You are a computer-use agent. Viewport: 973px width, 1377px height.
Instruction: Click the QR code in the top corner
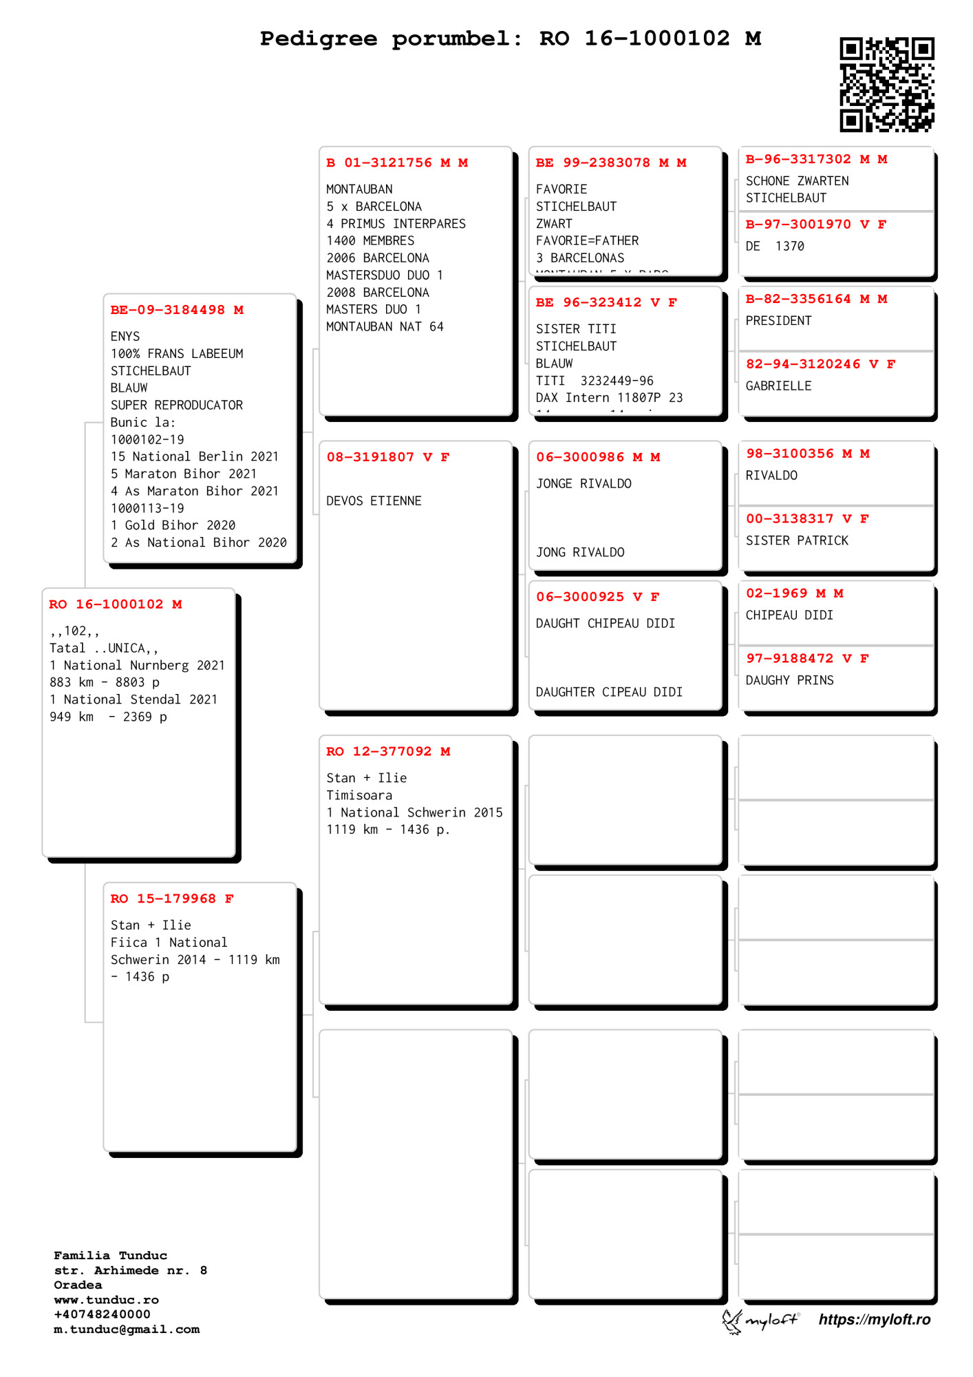point(886,84)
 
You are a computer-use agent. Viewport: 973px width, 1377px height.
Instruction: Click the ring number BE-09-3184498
point(168,310)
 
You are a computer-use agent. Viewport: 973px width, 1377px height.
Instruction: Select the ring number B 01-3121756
point(379,163)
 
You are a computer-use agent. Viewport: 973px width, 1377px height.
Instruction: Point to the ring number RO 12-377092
point(379,752)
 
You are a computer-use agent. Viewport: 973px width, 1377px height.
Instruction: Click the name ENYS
point(125,337)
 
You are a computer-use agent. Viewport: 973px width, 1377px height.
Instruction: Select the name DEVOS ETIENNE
point(374,501)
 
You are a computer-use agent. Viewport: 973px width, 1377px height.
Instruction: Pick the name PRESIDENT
point(778,321)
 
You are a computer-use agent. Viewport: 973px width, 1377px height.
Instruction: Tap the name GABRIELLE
point(778,386)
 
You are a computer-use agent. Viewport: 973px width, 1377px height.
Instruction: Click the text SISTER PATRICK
point(797,541)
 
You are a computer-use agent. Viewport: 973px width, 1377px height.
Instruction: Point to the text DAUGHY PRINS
point(789,681)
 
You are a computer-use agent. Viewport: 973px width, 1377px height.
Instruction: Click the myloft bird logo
point(731,1321)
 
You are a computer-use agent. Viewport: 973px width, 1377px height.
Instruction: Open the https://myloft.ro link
point(874,1320)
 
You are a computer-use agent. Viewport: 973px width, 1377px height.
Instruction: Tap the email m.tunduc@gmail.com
point(127,1329)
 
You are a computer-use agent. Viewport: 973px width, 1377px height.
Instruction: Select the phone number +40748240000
point(102,1314)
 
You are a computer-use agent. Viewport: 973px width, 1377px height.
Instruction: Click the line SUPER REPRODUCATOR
point(177,406)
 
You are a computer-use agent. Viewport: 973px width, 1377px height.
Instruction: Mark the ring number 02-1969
point(777,593)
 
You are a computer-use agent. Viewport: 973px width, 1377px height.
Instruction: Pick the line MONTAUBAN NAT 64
point(385,327)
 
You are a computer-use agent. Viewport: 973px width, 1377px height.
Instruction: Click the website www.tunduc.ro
point(106,1300)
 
